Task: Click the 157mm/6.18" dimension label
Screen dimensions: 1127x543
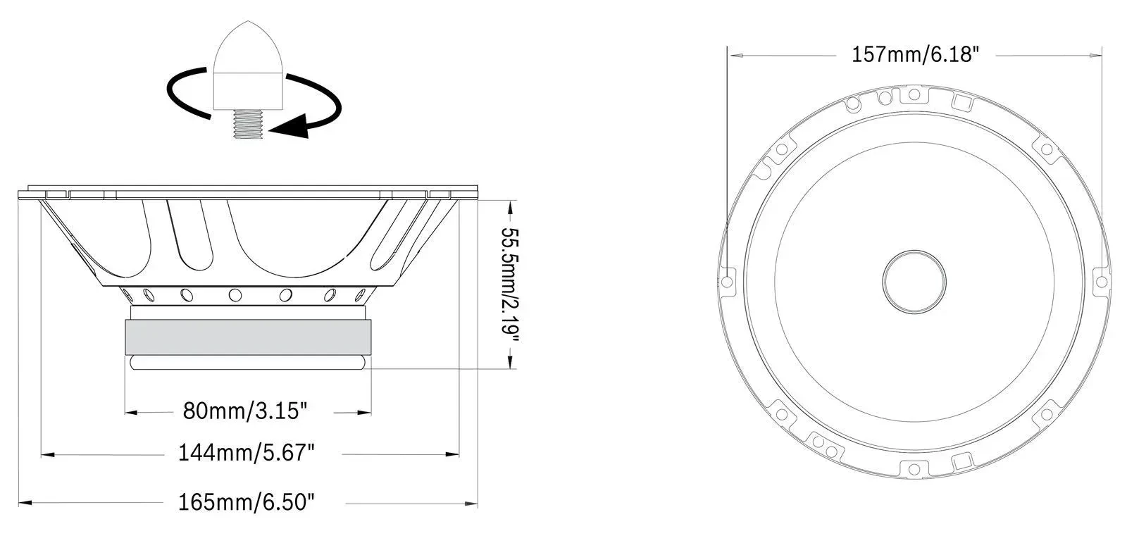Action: pyautogui.click(x=915, y=54)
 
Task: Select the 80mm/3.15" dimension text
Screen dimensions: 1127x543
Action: pyautogui.click(x=244, y=411)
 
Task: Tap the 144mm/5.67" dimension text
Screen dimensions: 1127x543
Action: pyautogui.click(x=247, y=452)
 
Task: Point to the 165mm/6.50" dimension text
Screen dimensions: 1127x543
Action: pyautogui.click(x=247, y=501)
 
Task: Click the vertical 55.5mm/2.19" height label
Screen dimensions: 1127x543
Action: pyautogui.click(x=509, y=285)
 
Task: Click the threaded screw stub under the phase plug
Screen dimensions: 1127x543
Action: pyautogui.click(x=248, y=124)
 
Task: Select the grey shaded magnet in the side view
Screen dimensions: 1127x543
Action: pyautogui.click(x=248, y=337)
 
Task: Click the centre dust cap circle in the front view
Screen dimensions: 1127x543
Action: pyautogui.click(x=914, y=282)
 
